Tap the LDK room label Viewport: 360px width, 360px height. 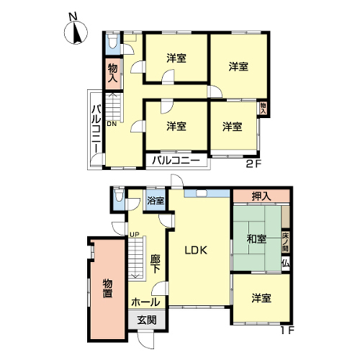click(196, 251)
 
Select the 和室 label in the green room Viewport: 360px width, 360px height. click(256, 239)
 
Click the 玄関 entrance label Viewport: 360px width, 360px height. click(147, 320)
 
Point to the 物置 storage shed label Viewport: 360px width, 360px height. click(107, 288)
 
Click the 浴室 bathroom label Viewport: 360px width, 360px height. click(156, 200)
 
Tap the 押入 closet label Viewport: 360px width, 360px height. click(261, 196)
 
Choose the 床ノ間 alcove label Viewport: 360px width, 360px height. click(285, 242)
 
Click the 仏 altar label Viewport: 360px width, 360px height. click(286, 264)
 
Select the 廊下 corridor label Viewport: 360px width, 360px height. click(156, 264)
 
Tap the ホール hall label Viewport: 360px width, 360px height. click(145, 302)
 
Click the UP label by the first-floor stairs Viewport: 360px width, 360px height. click(135, 234)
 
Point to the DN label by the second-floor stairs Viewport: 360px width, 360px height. click(112, 124)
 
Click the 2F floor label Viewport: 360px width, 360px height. click(253, 164)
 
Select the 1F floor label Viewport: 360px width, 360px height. click(287, 330)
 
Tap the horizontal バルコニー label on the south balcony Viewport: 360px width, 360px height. click(176, 160)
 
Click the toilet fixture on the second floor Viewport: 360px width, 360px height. click(112, 41)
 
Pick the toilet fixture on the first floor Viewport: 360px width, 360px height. click(118, 195)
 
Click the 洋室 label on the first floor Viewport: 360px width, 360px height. click(261, 298)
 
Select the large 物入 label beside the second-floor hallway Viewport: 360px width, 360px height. click(112, 73)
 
